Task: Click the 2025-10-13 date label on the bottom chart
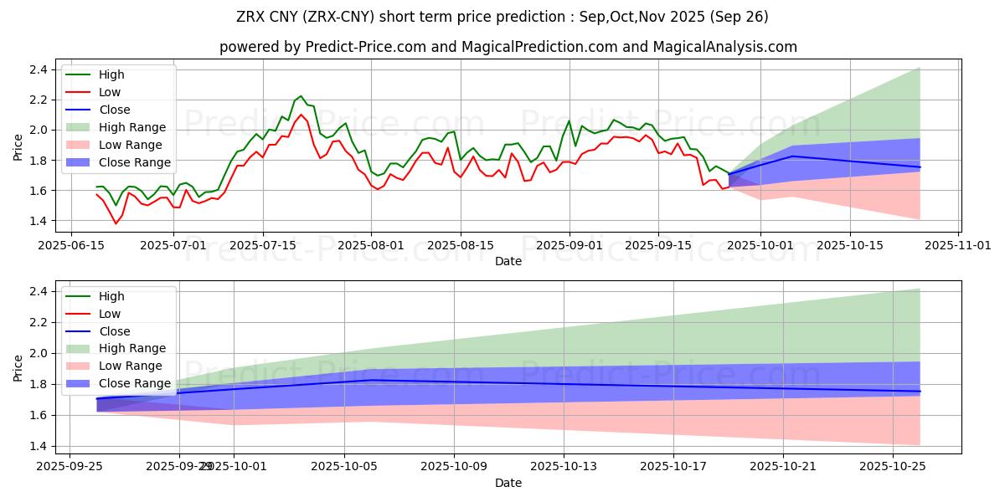[x=563, y=466]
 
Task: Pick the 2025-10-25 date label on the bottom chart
[x=893, y=466]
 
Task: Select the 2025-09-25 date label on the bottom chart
[x=70, y=466]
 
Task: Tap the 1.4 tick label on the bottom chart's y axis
[x=38, y=446]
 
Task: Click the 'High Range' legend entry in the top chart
[x=132, y=127]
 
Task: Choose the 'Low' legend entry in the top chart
[x=110, y=92]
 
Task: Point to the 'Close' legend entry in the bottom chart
[x=115, y=331]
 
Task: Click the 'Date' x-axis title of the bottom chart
[x=508, y=483]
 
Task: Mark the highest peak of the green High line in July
[x=301, y=96]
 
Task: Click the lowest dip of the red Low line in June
[x=116, y=223]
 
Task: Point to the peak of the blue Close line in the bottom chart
[x=372, y=380]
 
